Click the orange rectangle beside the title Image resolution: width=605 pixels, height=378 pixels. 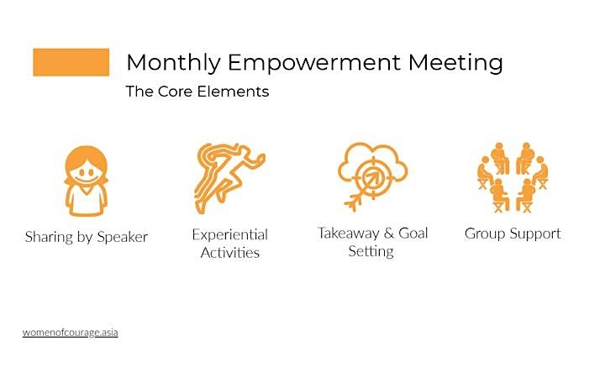pyautogui.click(x=71, y=62)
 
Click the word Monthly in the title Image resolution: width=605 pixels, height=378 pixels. pyautogui.click(x=173, y=63)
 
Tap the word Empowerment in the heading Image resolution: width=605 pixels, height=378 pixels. pyautogui.click(x=314, y=63)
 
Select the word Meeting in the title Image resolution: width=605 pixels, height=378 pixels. pyautogui.click(x=455, y=63)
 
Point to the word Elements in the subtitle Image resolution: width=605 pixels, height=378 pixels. pyautogui.click(x=233, y=92)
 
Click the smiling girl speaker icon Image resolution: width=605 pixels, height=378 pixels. pyautogui.click(x=86, y=181)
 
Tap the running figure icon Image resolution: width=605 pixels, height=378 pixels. pyautogui.click(x=229, y=178)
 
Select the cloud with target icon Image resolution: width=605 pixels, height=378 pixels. pyautogui.click(x=373, y=176)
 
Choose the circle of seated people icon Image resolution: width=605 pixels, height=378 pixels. pyautogui.click(x=513, y=177)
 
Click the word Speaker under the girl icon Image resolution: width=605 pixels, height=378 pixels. pyautogui.click(x=123, y=237)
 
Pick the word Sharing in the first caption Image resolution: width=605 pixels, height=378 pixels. pyautogui.click(x=49, y=237)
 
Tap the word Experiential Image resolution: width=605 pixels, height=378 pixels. pyautogui.click(x=230, y=235)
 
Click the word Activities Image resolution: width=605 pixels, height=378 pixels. pyautogui.click(x=230, y=253)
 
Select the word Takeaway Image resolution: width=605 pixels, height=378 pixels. pyautogui.click(x=349, y=234)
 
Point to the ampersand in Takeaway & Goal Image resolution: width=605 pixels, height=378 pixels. pyautogui.click(x=389, y=233)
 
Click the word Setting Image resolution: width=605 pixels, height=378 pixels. pyautogui.click(x=371, y=252)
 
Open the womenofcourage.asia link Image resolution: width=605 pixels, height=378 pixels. pyautogui.click(x=71, y=333)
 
